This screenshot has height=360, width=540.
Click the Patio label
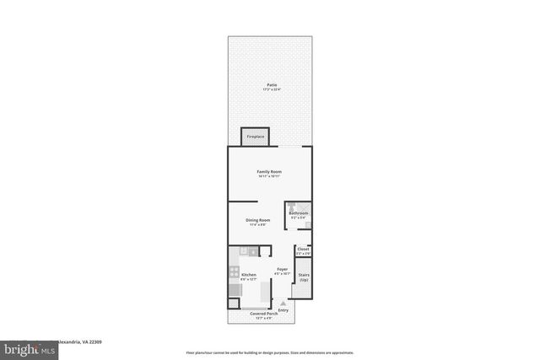coord(271,84)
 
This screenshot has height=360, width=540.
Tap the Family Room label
coord(270,172)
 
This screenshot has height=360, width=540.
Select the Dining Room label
coord(256,220)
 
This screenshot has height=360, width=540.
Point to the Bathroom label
coord(299,213)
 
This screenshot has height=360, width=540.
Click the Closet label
coord(303,249)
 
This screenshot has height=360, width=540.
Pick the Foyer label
coord(283,269)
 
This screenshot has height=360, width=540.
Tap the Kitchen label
coord(249,275)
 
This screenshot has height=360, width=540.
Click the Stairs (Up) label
coord(303,277)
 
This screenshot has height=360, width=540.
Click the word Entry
coord(283,309)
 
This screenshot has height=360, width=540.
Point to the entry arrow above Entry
coord(283,303)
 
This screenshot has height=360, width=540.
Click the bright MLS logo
coord(24,347)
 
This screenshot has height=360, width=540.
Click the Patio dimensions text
coord(271,89)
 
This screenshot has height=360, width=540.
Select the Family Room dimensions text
coord(270,177)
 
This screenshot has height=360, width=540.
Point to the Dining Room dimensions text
coord(256,225)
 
